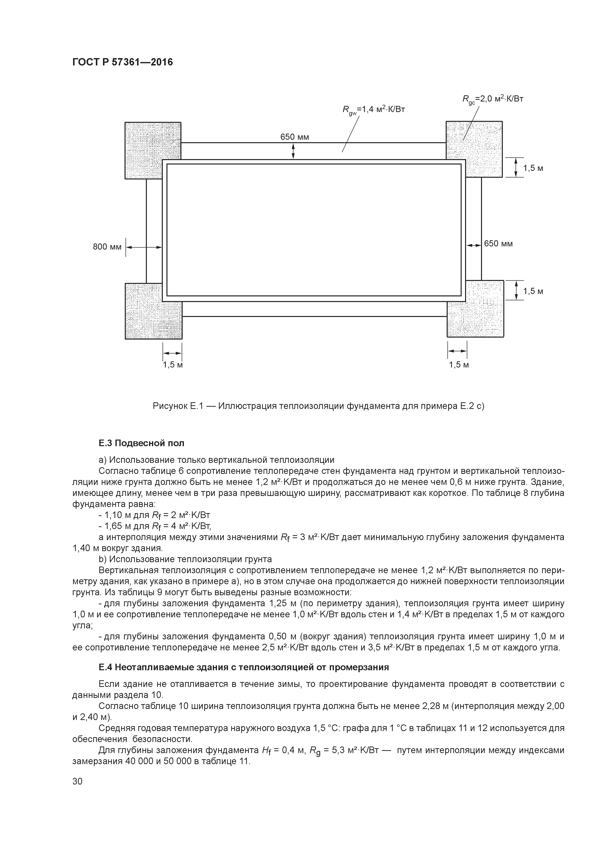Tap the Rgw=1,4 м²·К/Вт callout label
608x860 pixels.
(x=373, y=110)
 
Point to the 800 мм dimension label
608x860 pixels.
(x=107, y=247)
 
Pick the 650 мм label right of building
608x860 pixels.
(x=498, y=244)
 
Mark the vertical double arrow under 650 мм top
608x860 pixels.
(x=293, y=151)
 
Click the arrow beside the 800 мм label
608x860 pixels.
(x=143, y=247)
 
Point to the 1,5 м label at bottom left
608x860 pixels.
(x=173, y=365)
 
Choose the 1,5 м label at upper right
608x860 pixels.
(x=533, y=168)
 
